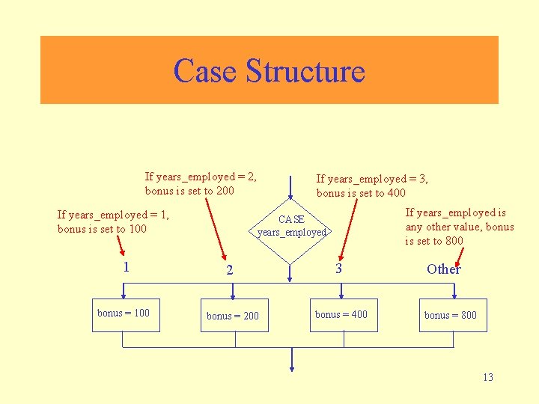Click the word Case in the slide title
coord(206,71)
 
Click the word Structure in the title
coord(305,71)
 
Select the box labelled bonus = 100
coord(124,313)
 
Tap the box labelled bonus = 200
coord(233,316)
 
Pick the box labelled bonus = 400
coord(341,315)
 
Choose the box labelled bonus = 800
coord(450,316)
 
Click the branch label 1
coord(126,266)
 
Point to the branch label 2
coord(230,270)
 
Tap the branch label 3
coord(338,268)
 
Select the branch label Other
coord(443,269)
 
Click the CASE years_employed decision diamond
coord(291,226)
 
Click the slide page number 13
coord(487,377)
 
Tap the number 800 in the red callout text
coord(454,241)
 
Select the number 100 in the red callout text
coord(137,229)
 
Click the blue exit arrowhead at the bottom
coord(291,368)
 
